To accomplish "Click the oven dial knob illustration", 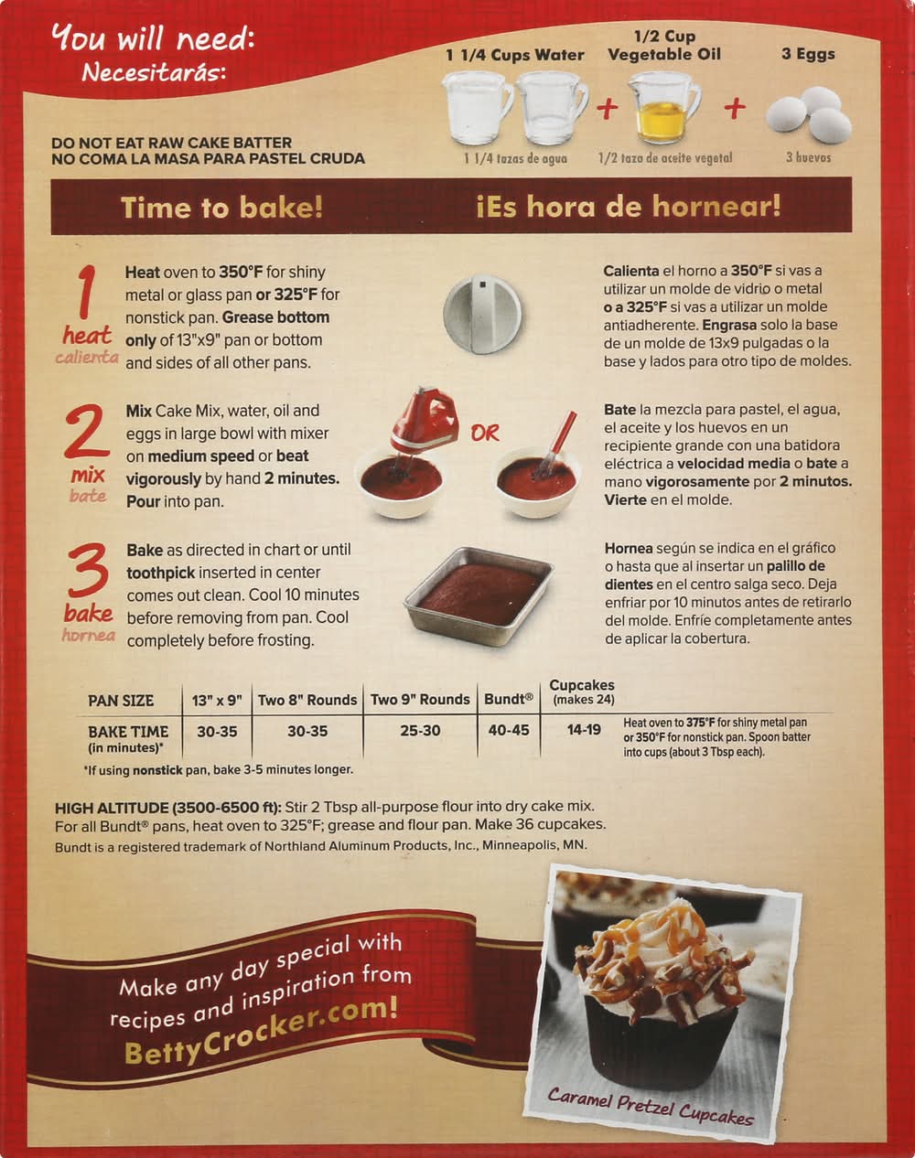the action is (482, 315).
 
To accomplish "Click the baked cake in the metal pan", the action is (479, 595).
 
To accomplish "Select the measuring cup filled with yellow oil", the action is (665, 108).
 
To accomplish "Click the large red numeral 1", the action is (86, 292).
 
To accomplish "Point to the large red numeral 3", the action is (89, 571).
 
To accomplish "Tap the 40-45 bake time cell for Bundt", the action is (509, 730).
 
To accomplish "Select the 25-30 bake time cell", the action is (420, 730).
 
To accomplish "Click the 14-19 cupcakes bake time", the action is (584, 730).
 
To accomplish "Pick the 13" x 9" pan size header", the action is (217, 700).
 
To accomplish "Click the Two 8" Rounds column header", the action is (307, 700).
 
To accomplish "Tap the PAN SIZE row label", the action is (121, 701).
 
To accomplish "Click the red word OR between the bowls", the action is (484, 433).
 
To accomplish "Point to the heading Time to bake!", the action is (221, 208).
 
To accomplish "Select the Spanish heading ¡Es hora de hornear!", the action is (628, 206).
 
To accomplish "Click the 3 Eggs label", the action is (808, 54).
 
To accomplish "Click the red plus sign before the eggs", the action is (736, 108).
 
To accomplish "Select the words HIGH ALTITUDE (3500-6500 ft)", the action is (168, 808).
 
